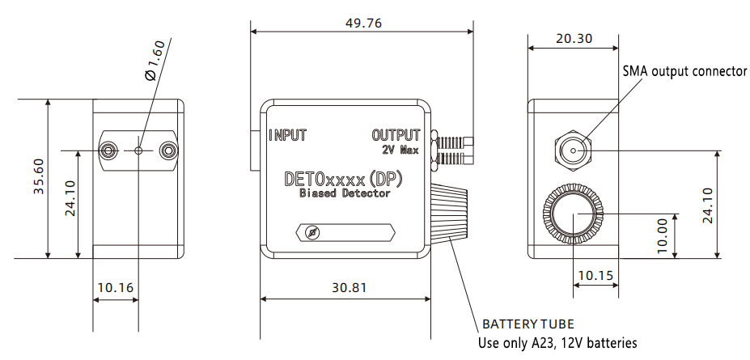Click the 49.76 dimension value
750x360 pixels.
coord(363,23)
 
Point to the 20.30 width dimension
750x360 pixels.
coord(574,38)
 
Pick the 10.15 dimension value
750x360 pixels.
coord(595,275)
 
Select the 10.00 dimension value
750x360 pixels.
coord(663,235)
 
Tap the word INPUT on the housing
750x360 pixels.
coord(288,135)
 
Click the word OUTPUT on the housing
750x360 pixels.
coord(396,134)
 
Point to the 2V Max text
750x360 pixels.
coord(400,150)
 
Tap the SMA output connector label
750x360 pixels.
coord(684,71)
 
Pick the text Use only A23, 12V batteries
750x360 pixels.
coord(557,343)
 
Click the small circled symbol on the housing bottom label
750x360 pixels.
coord(314,232)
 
